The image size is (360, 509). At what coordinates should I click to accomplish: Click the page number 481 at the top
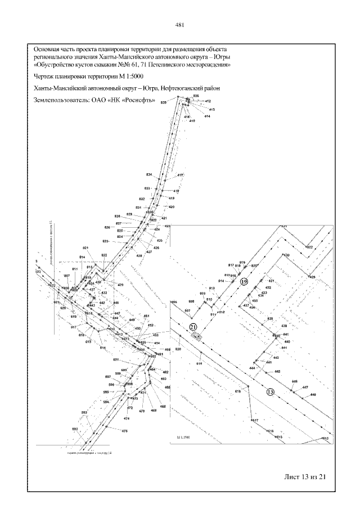click(180, 25)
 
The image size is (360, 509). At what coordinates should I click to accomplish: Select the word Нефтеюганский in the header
click(180, 88)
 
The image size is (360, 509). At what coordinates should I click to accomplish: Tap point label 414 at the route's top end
click(207, 116)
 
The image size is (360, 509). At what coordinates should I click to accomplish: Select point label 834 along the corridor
click(148, 175)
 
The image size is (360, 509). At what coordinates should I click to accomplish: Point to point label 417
click(181, 176)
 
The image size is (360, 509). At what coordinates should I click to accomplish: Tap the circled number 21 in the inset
click(193, 327)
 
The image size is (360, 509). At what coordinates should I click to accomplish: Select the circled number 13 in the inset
click(271, 392)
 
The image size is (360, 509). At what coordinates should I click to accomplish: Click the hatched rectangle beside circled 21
click(197, 336)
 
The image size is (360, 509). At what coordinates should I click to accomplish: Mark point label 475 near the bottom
click(125, 431)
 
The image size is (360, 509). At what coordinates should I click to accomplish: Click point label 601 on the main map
click(116, 360)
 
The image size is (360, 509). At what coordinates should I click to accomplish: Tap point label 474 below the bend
click(127, 418)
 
